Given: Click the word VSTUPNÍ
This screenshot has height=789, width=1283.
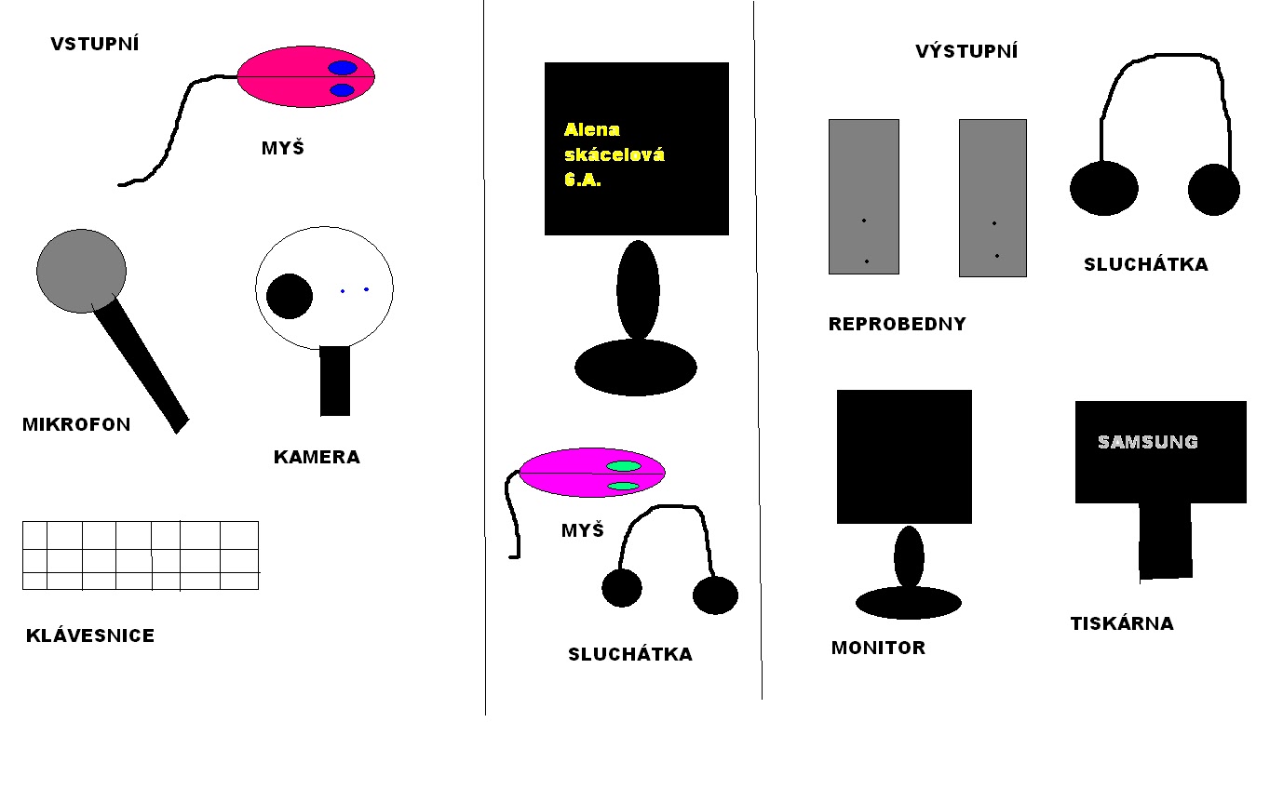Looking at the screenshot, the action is click(x=94, y=44).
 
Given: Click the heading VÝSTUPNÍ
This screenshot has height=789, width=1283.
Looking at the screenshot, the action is click(x=966, y=52).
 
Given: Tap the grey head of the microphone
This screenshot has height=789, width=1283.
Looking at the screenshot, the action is click(x=81, y=270).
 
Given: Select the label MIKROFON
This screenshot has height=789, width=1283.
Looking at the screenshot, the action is click(x=76, y=425).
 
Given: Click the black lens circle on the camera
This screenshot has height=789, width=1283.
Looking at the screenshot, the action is click(x=289, y=296).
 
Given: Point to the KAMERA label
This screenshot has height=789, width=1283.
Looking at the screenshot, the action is click(x=317, y=457).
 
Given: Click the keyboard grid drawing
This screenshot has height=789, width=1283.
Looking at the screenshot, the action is click(x=140, y=555).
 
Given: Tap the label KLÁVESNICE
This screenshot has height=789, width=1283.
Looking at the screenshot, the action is click(x=90, y=636).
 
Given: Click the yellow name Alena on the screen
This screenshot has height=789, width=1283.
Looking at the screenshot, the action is click(x=592, y=129).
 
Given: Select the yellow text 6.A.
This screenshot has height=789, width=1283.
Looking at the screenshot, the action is click(x=583, y=181).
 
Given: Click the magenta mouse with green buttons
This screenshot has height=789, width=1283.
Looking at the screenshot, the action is click(x=591, y=473).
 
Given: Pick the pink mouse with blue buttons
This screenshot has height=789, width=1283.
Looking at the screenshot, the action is click(x=305, y=76).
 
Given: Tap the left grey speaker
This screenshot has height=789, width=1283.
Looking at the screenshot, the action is click(x=863, y=196).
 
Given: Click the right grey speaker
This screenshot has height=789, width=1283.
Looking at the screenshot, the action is click(x=993, y=197).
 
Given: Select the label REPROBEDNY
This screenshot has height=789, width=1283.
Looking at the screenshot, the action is click(x=897, y=325).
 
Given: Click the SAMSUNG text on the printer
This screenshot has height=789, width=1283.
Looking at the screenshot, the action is click(x=1148, y=442).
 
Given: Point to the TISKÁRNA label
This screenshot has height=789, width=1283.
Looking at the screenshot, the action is click(x=1122, y=623).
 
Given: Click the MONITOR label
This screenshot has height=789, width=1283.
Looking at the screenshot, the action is click(x=878, y=648).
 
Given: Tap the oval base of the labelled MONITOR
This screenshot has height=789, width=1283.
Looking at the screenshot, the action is click(x=908, y=603).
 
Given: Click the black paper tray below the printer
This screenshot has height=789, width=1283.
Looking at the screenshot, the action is click(x=1165, y=541).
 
